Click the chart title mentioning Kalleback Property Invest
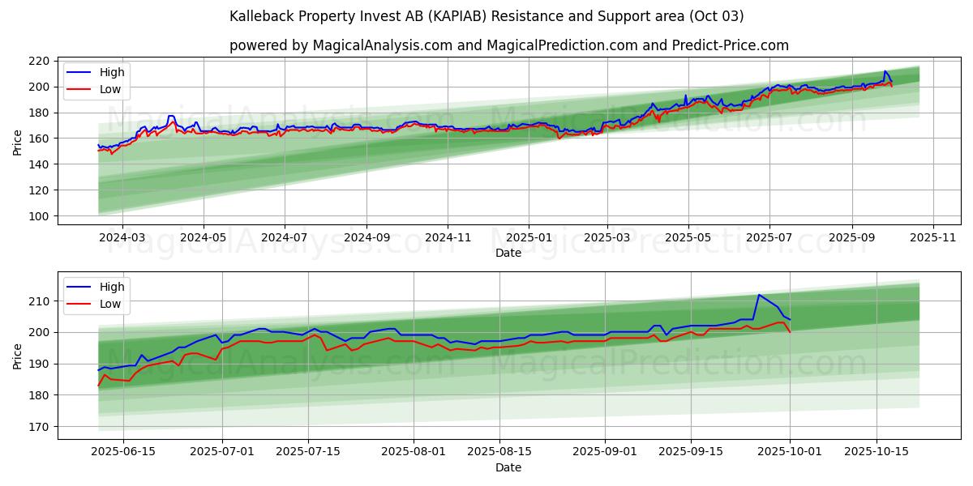[x=486, y=16]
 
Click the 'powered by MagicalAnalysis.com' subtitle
[x=508, y=45]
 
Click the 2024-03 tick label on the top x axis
[x=122, y=237]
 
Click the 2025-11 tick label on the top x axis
[x=933, y=237]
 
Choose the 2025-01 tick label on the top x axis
[x=529, y=237]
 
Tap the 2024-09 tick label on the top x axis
[x=366, y=237]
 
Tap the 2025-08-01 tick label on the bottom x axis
[x=414, y=452]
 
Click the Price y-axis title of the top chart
[x=18, y=142]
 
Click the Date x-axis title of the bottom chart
[x=508, y=467]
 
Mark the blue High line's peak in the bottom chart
[x=759, y=295]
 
